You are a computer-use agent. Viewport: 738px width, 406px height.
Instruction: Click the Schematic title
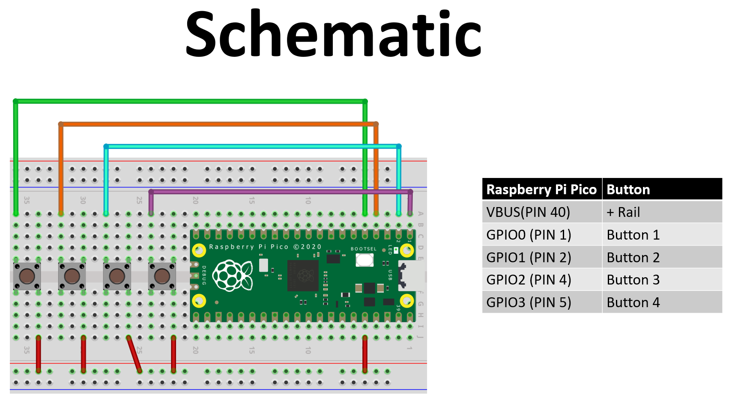(333, 34)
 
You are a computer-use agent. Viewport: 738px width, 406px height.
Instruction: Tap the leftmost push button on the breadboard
(27, 276)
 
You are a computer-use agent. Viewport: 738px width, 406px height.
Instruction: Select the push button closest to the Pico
(162, 276)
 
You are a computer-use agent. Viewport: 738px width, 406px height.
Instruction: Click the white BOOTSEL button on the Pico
(365, 260)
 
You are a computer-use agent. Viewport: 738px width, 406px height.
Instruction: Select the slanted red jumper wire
(134, 354)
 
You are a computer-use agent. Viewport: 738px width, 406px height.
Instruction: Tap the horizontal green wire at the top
(188, 101)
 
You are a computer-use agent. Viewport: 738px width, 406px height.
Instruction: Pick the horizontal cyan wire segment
(253, 146)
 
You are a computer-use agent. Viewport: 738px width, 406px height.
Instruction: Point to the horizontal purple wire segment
(278, 192)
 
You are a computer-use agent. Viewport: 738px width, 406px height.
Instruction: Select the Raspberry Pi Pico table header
(541, 190)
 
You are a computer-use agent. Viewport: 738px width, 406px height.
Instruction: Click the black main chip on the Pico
(303, 275)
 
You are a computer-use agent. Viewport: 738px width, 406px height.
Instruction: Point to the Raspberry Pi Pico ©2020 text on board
(265, 247)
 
